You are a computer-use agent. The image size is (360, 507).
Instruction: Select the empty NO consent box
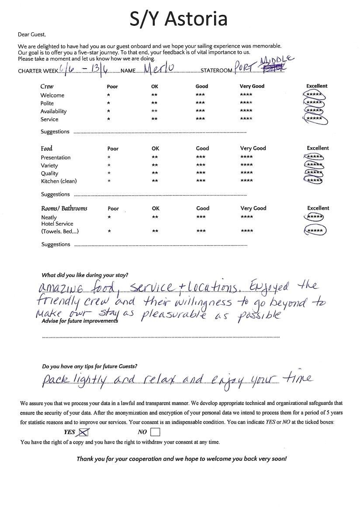(x=155, y=432)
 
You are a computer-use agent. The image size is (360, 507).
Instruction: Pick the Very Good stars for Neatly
(x=246, y=217)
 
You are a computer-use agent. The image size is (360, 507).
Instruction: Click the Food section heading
(x=47, y=149)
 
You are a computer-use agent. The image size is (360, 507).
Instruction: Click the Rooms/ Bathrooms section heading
(x=64, y=208)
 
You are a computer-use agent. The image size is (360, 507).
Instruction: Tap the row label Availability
(x=54, y=111)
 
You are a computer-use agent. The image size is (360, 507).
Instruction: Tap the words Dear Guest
(x=31, y=34)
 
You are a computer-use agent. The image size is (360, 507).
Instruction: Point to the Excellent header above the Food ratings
(x=318, y=148)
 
